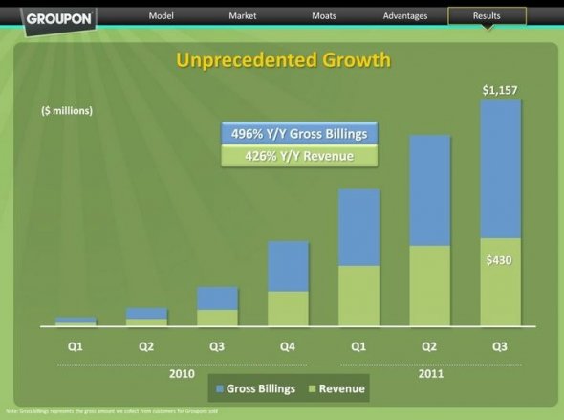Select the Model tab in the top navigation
tap(160, 16)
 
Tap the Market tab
tap(242, 16)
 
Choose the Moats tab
tap(323, 16)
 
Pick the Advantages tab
tap(405, 16)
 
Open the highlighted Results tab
tap(487, 16)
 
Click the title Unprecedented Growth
tap(283, 61)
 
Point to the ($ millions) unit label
tap(67, 111)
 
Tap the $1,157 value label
tap(500, 90)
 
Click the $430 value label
tap(500, 260)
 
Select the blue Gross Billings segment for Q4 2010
tap(288, 266)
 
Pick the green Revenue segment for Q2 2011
tap(429, 285)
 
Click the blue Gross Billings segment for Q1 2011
tap(358, 228)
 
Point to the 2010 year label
tap(182, 372)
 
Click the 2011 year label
tap(430, 372)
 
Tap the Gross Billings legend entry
tap(256, 389)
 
